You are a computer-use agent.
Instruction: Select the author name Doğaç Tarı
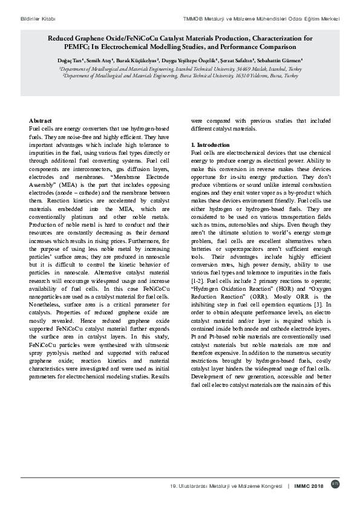(x=70, y=61)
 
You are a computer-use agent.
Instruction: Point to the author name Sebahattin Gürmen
(x=280, y=61)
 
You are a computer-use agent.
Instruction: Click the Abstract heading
(x=41, y=121)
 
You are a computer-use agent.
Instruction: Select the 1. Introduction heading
(x=211, y=145)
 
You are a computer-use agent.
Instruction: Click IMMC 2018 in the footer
(x=309, y=485)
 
